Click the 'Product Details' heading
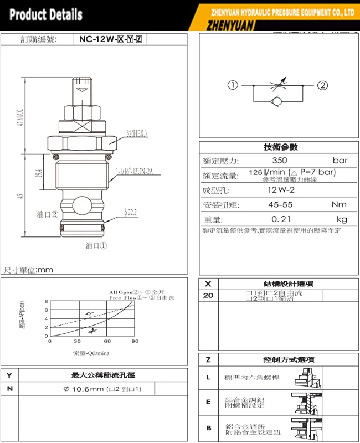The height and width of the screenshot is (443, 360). point(45,14)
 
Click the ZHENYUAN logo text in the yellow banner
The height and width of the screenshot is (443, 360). point(230,25)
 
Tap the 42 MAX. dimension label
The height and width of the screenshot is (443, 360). point(20,117)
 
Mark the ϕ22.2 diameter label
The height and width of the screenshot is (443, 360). point(130,212)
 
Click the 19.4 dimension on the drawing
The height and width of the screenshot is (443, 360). point(38,173)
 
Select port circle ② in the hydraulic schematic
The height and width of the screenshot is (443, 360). point(323,85)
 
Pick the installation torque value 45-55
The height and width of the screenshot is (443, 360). point(281,205)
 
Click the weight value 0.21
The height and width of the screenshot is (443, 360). point(281,219)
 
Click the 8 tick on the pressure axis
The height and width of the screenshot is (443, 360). point(47,302)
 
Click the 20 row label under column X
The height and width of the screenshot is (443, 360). point(208,295)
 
